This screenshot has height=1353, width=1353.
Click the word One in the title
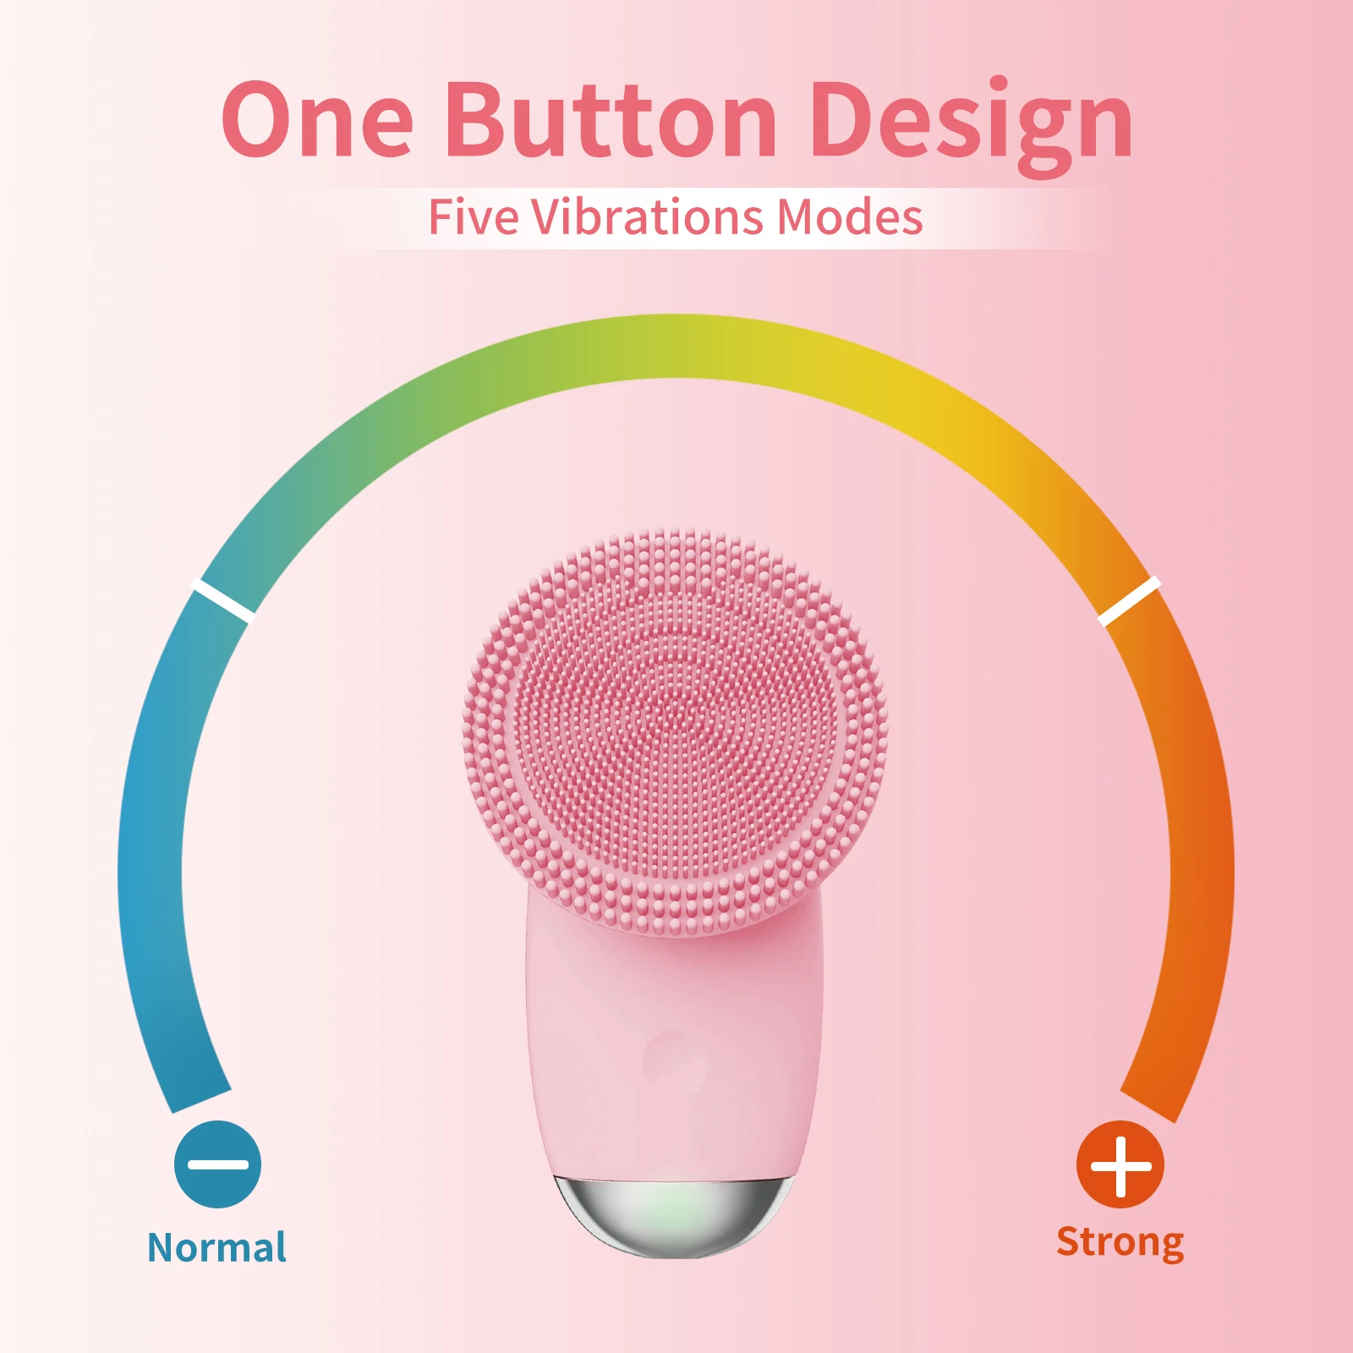317,120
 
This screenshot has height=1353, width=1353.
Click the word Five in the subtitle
473,217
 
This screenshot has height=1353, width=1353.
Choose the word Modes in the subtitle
849,217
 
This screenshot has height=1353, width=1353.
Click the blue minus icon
217,1164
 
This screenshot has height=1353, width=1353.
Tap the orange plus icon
1120,1165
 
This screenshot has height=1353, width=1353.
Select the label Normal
216,1247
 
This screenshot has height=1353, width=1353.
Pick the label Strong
1120,1242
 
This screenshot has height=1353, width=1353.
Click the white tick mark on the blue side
223,600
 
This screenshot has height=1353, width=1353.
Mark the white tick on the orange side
1129,600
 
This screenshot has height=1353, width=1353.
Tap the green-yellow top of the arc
676,347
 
